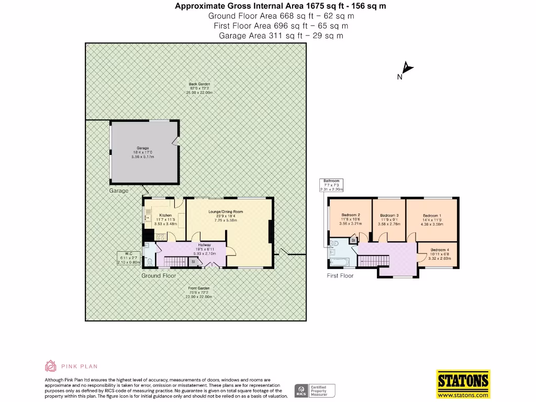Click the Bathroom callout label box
335,185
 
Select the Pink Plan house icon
51,366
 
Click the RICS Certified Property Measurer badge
314,390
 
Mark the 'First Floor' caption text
340,276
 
